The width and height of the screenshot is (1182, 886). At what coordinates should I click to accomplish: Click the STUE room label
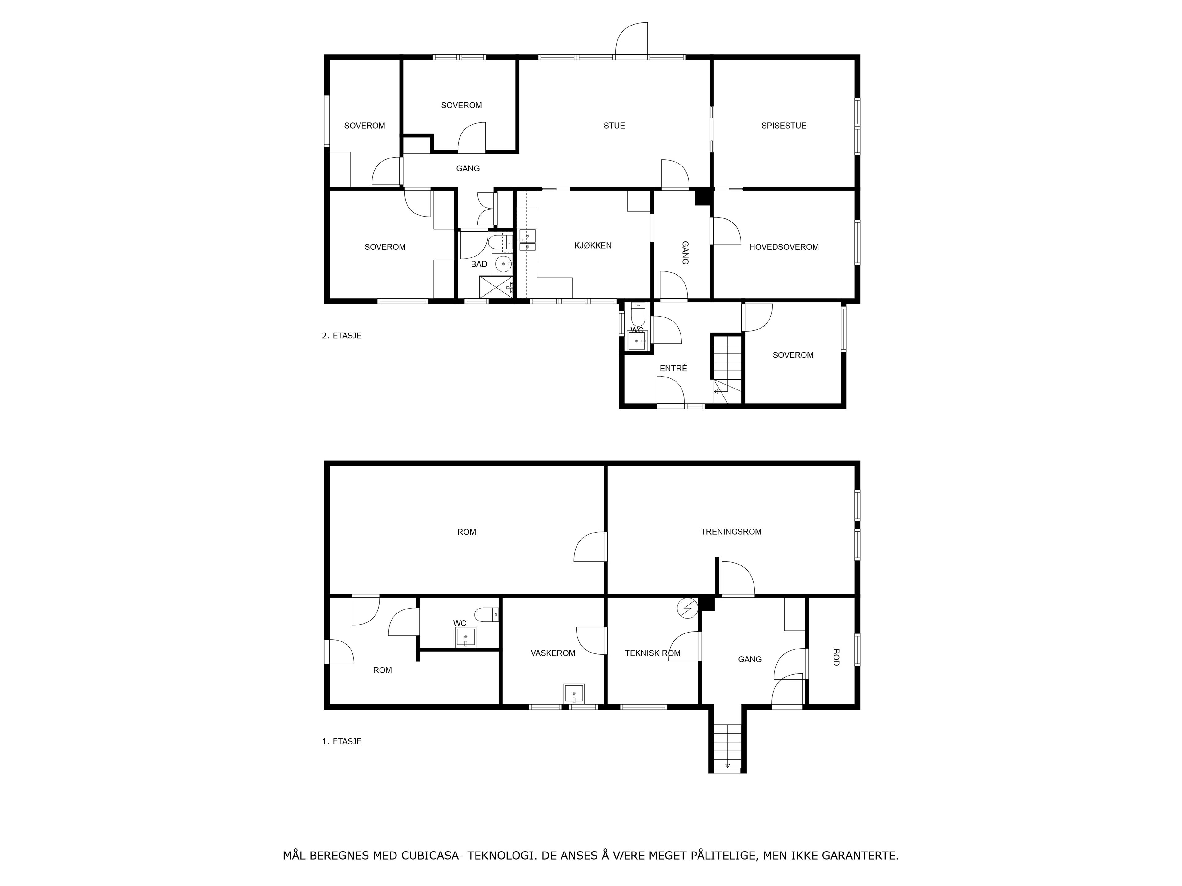(x=614, y=126)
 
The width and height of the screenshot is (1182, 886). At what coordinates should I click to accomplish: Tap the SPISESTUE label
(x=784, y=126)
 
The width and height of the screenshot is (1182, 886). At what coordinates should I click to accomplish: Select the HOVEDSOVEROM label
(x=784, y=247)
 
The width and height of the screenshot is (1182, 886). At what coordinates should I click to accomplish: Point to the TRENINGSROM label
(x=731, y=531)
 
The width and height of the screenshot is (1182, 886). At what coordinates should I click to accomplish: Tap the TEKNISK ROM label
(x=653, y=653)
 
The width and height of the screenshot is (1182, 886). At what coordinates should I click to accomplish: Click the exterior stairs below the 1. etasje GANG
(x=727, y=748)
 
